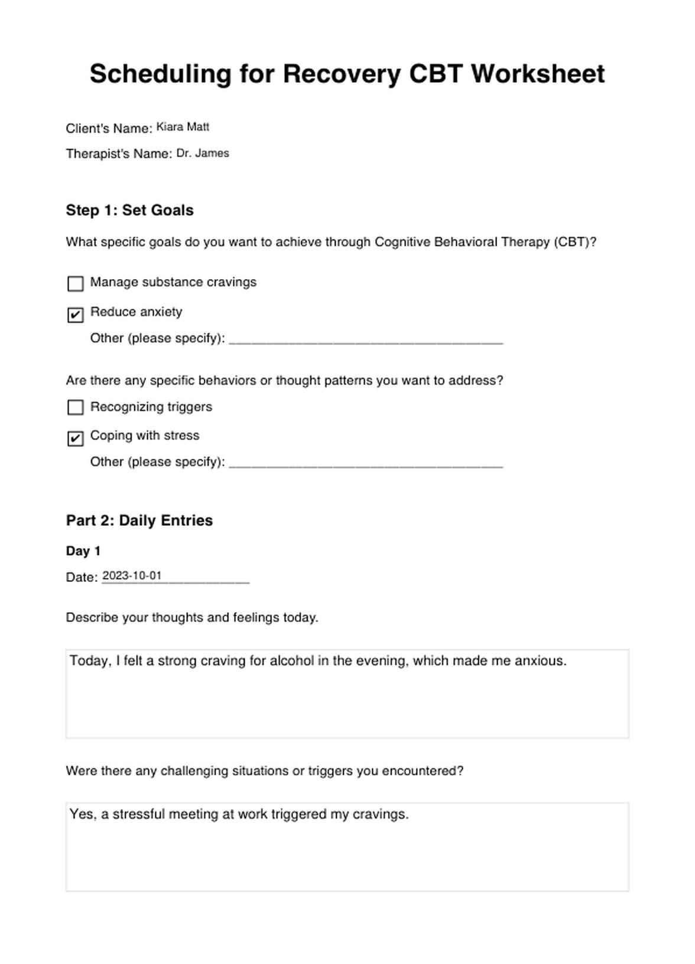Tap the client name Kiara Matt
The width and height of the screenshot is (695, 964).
click(x=183, y=127)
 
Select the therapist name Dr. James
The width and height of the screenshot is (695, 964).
click(x=203, y=153)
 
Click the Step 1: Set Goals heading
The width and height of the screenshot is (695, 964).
click(x=129, y=211)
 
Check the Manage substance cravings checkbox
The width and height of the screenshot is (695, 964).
click(x=76, y=284)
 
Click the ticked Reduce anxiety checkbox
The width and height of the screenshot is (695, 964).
click(x=76, y=315)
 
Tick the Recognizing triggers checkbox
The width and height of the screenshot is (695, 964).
click(x=76, y=407)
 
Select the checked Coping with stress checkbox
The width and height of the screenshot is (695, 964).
click(x=76, y=438)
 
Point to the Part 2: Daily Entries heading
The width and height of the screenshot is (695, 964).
click(x=139, y=520)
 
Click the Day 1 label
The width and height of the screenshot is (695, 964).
click(x=83, y=551)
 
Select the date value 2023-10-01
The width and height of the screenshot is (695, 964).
click(x=132, y=576)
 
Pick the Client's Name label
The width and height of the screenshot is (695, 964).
click(x=109, y=128)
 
